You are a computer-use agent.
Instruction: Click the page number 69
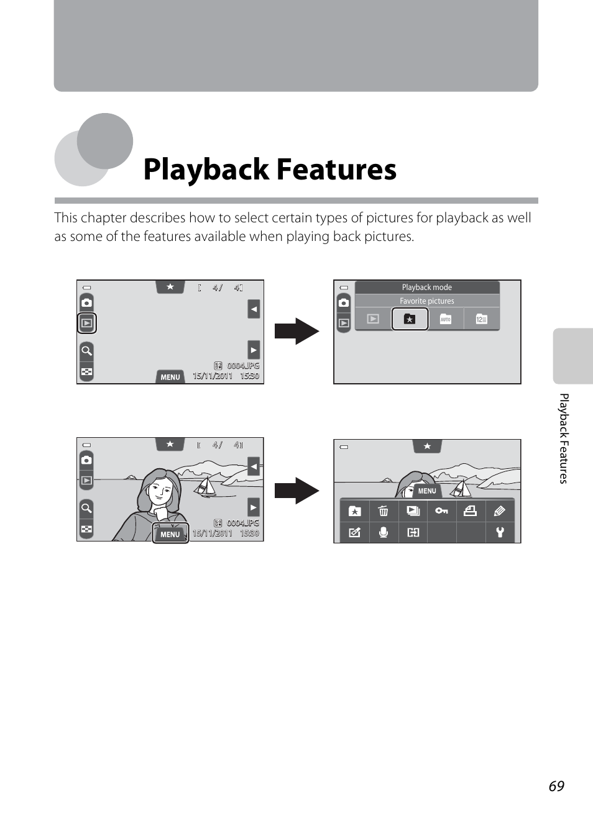(x=556, y=786)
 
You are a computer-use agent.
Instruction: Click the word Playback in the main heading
(x=206, y=170)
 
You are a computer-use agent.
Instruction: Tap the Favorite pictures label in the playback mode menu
(x=426, y=301)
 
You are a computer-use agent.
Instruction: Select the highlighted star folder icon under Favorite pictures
(x=410, y=319)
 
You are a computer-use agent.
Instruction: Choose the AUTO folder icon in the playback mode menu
(x=445, y=319)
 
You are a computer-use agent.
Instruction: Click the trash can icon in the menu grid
(x=384, y=510)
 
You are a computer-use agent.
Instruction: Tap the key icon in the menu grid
(x=441, y=510)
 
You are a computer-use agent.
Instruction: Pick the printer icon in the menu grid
(x=470, y=510)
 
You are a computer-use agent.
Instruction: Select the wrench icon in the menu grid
(x=500, y=532)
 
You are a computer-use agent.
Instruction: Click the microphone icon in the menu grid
(x=384, y=533)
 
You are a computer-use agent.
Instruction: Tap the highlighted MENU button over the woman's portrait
(x=170, y=533)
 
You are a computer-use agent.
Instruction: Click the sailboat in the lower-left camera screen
(x=205, y=487)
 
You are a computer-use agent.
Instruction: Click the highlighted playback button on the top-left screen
(x=87, y=323)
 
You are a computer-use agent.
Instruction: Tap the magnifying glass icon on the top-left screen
(x=86, y=351)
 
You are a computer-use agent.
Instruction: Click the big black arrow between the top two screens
(x=297, y=331)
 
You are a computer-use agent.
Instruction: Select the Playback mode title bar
(x=427, y=288)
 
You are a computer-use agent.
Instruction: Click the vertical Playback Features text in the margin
(x=563, y=438)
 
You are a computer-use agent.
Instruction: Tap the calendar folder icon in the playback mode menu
(x=481, y=319)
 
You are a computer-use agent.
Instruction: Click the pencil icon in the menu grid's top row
(x=499, y=510)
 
